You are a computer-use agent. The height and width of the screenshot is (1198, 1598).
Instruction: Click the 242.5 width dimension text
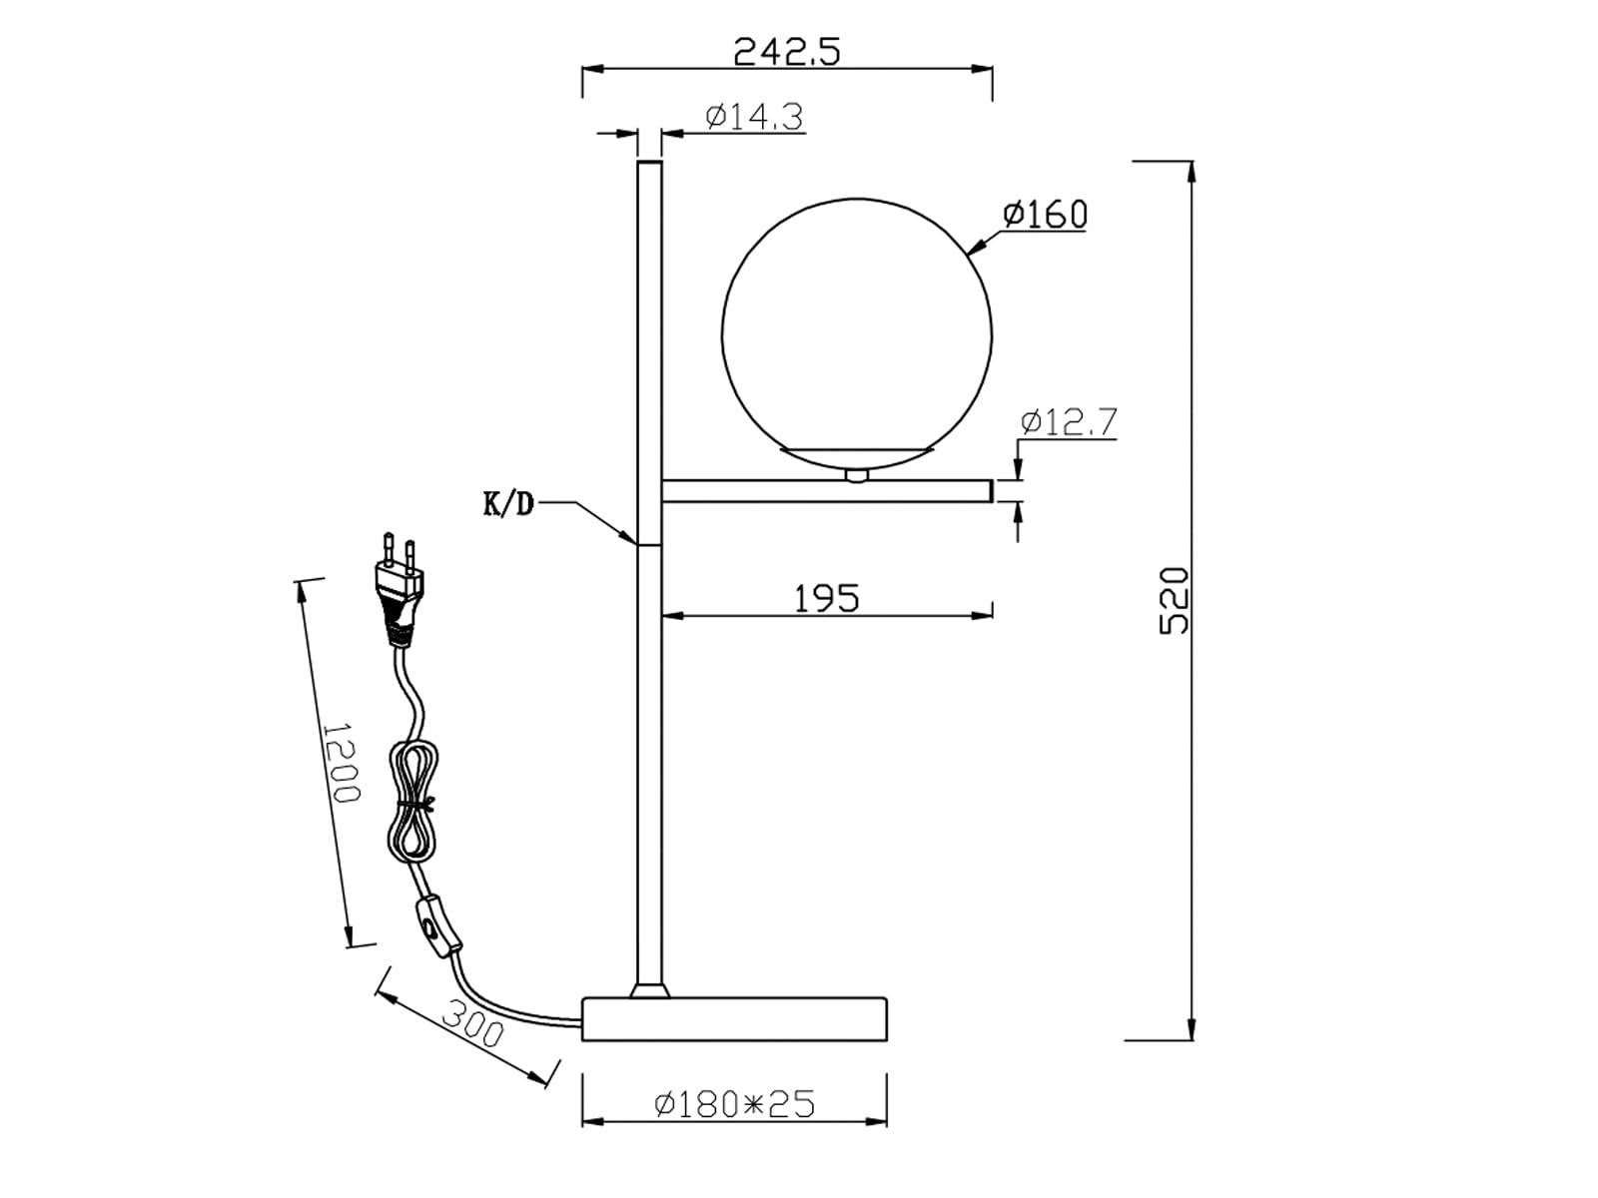786,52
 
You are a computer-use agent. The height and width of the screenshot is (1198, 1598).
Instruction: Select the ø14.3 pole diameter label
754,117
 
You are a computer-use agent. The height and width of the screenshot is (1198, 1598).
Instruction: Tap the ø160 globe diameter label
1045,214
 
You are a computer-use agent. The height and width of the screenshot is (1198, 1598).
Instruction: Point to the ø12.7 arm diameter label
1068,422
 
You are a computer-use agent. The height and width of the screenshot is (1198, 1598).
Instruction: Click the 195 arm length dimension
826,599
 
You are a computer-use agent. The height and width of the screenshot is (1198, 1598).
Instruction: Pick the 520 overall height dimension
1174,601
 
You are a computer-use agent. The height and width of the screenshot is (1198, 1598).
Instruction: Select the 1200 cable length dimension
341,762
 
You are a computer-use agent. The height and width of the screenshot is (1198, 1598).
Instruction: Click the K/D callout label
508,503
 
